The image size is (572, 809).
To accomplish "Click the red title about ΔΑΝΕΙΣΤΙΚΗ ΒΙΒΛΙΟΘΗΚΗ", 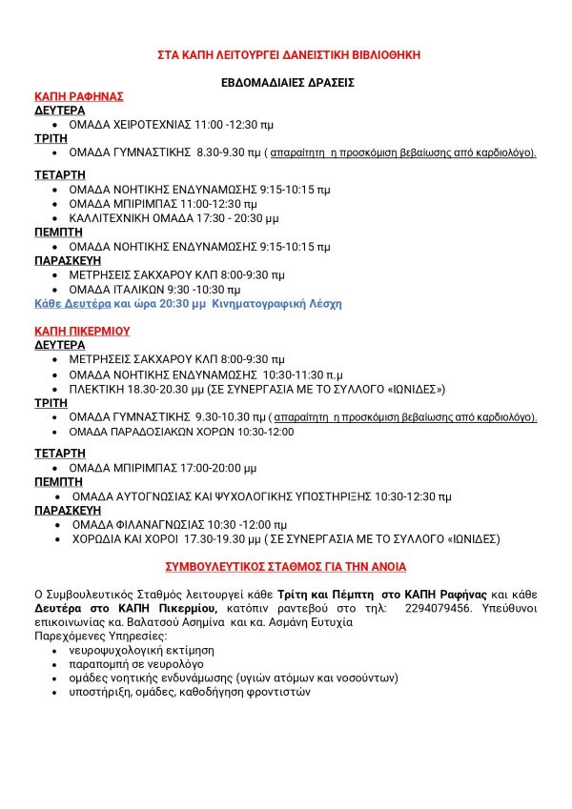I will coord(288,55).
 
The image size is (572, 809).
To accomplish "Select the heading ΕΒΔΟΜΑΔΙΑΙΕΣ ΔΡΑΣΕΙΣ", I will coord(288,83).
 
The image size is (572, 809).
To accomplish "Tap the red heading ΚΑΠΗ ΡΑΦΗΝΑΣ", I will coord(79,96).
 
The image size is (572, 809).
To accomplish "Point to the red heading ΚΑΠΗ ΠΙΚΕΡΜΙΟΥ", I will coord(82,331).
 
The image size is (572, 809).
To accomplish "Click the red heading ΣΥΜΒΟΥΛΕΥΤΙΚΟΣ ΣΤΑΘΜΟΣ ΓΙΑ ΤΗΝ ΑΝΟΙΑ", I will coord(286,566).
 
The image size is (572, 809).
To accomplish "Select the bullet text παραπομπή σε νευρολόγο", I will coord(123,663).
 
